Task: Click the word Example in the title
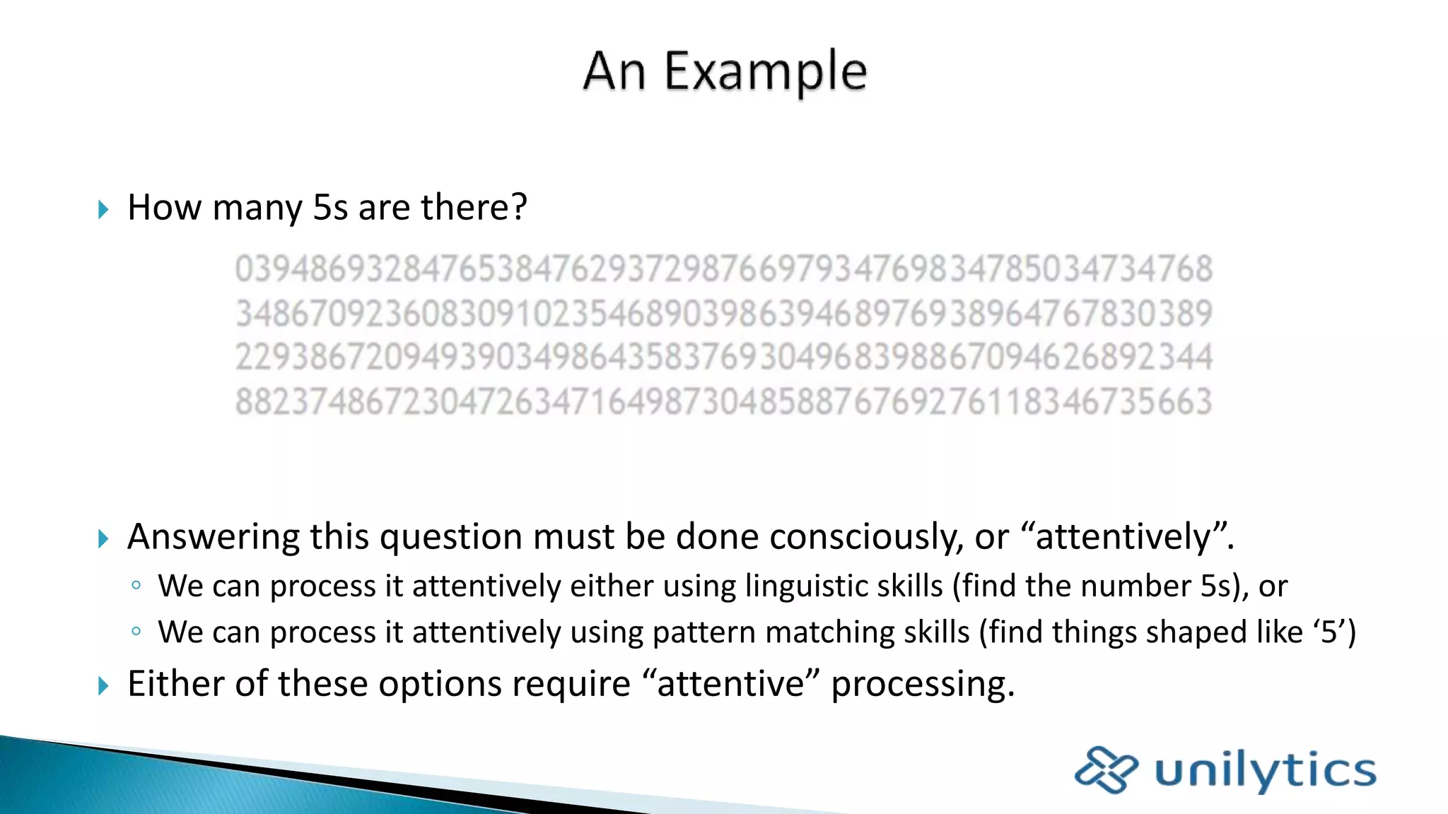[765, 72]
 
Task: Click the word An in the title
[614, 72]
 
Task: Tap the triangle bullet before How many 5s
[103, 209]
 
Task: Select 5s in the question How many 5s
[330, 208]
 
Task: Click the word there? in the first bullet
[474, 208]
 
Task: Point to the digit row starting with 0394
[724, 269]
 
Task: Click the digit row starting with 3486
[724, 314]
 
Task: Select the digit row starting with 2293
[724, 358]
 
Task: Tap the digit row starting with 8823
[724, 401]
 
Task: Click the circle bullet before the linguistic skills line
[136, 585]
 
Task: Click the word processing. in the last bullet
[923, 684]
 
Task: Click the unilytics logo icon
[1106, 769]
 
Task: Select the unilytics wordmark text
[1266, 770]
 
